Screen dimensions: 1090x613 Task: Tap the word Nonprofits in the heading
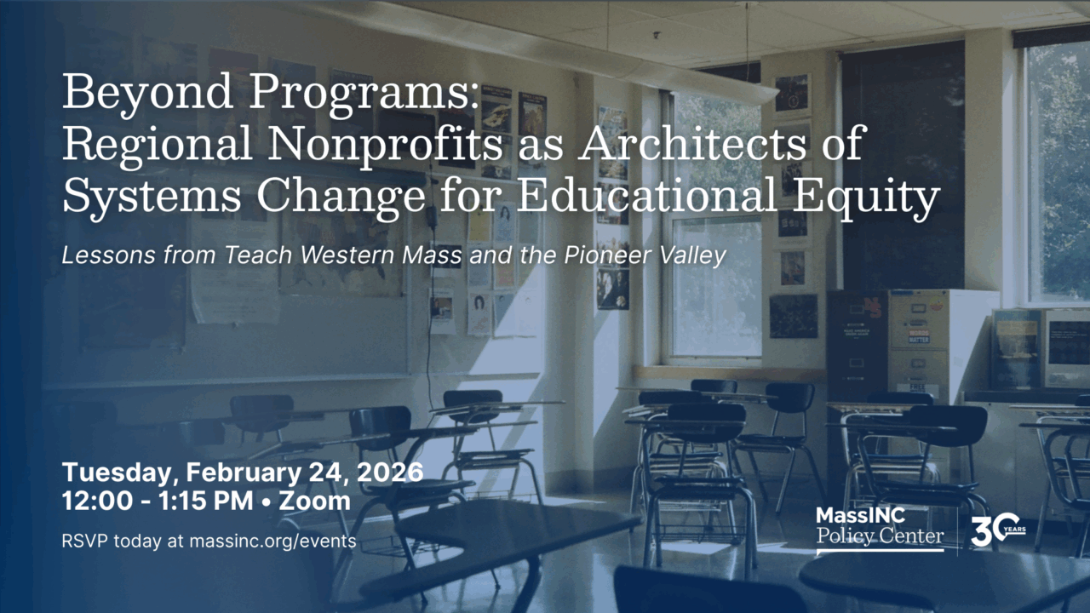(386, 144)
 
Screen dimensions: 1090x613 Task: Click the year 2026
(390, 473)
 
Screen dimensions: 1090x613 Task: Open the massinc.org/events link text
(272, 541)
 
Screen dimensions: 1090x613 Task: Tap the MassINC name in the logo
(860, 516)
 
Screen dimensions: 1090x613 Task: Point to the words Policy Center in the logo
(880, 536)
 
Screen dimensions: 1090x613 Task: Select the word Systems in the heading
(152, 197)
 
